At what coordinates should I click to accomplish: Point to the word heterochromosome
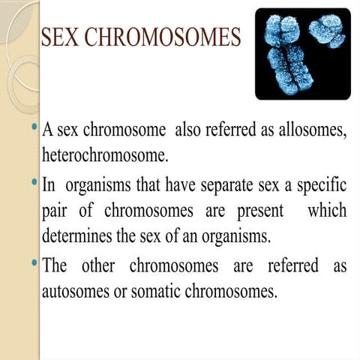click(x=105, y=155)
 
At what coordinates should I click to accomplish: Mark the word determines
click(x=79, y=238)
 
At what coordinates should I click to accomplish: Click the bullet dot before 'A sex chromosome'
click(x=34, y=127)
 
